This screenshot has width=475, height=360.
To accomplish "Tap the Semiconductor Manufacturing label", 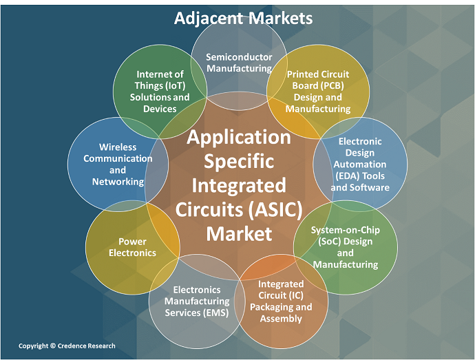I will [x=239, y=63].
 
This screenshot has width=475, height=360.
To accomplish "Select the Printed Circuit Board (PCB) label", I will [x=318, y=91].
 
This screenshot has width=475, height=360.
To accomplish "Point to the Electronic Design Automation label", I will [x=361, y=165].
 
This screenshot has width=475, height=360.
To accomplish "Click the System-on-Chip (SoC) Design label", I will [x=346, y=246].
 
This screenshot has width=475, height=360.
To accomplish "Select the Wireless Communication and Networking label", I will [x=118, y=165].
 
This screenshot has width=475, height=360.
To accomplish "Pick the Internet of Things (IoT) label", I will [x=160, y=92].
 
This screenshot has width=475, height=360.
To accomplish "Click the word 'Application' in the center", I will [x=239, y=137].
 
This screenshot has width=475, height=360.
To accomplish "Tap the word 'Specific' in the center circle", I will [x=239, y=161].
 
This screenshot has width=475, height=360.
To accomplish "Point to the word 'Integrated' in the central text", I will [x=239, y=185].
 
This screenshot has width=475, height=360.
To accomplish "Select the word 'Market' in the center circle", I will [x=239, y=233].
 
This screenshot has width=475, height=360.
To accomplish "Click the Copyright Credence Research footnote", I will [x=67, y=346].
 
